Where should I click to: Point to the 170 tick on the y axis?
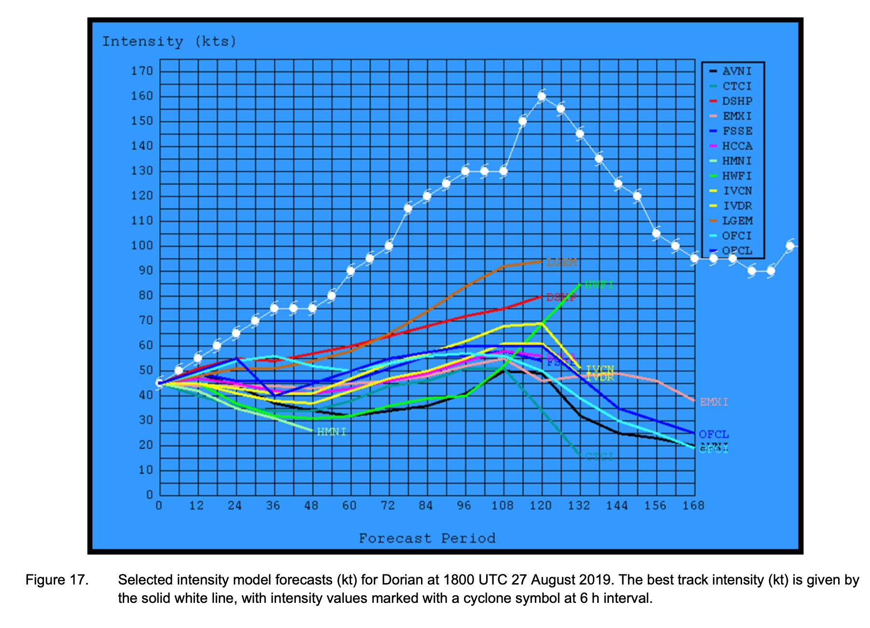pos(141,71)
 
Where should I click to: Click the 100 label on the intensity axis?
pos(141,246)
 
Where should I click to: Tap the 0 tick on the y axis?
pos(149,495)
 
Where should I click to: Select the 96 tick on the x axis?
pos(463,506)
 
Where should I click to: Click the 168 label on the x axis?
pos(693,506)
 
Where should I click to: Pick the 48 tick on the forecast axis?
pos(311,506)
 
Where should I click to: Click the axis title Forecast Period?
pos(427,539)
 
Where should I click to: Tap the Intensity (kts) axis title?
pos(169,42)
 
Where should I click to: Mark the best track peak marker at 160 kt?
pos(542,96)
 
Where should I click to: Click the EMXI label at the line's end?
pos(714,402)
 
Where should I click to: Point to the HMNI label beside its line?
pos(332,432)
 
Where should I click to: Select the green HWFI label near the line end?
pos(599,285)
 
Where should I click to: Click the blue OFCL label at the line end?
pos(714,434)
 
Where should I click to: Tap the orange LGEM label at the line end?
pos(561,263)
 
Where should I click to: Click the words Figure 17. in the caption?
pos(57,580)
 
